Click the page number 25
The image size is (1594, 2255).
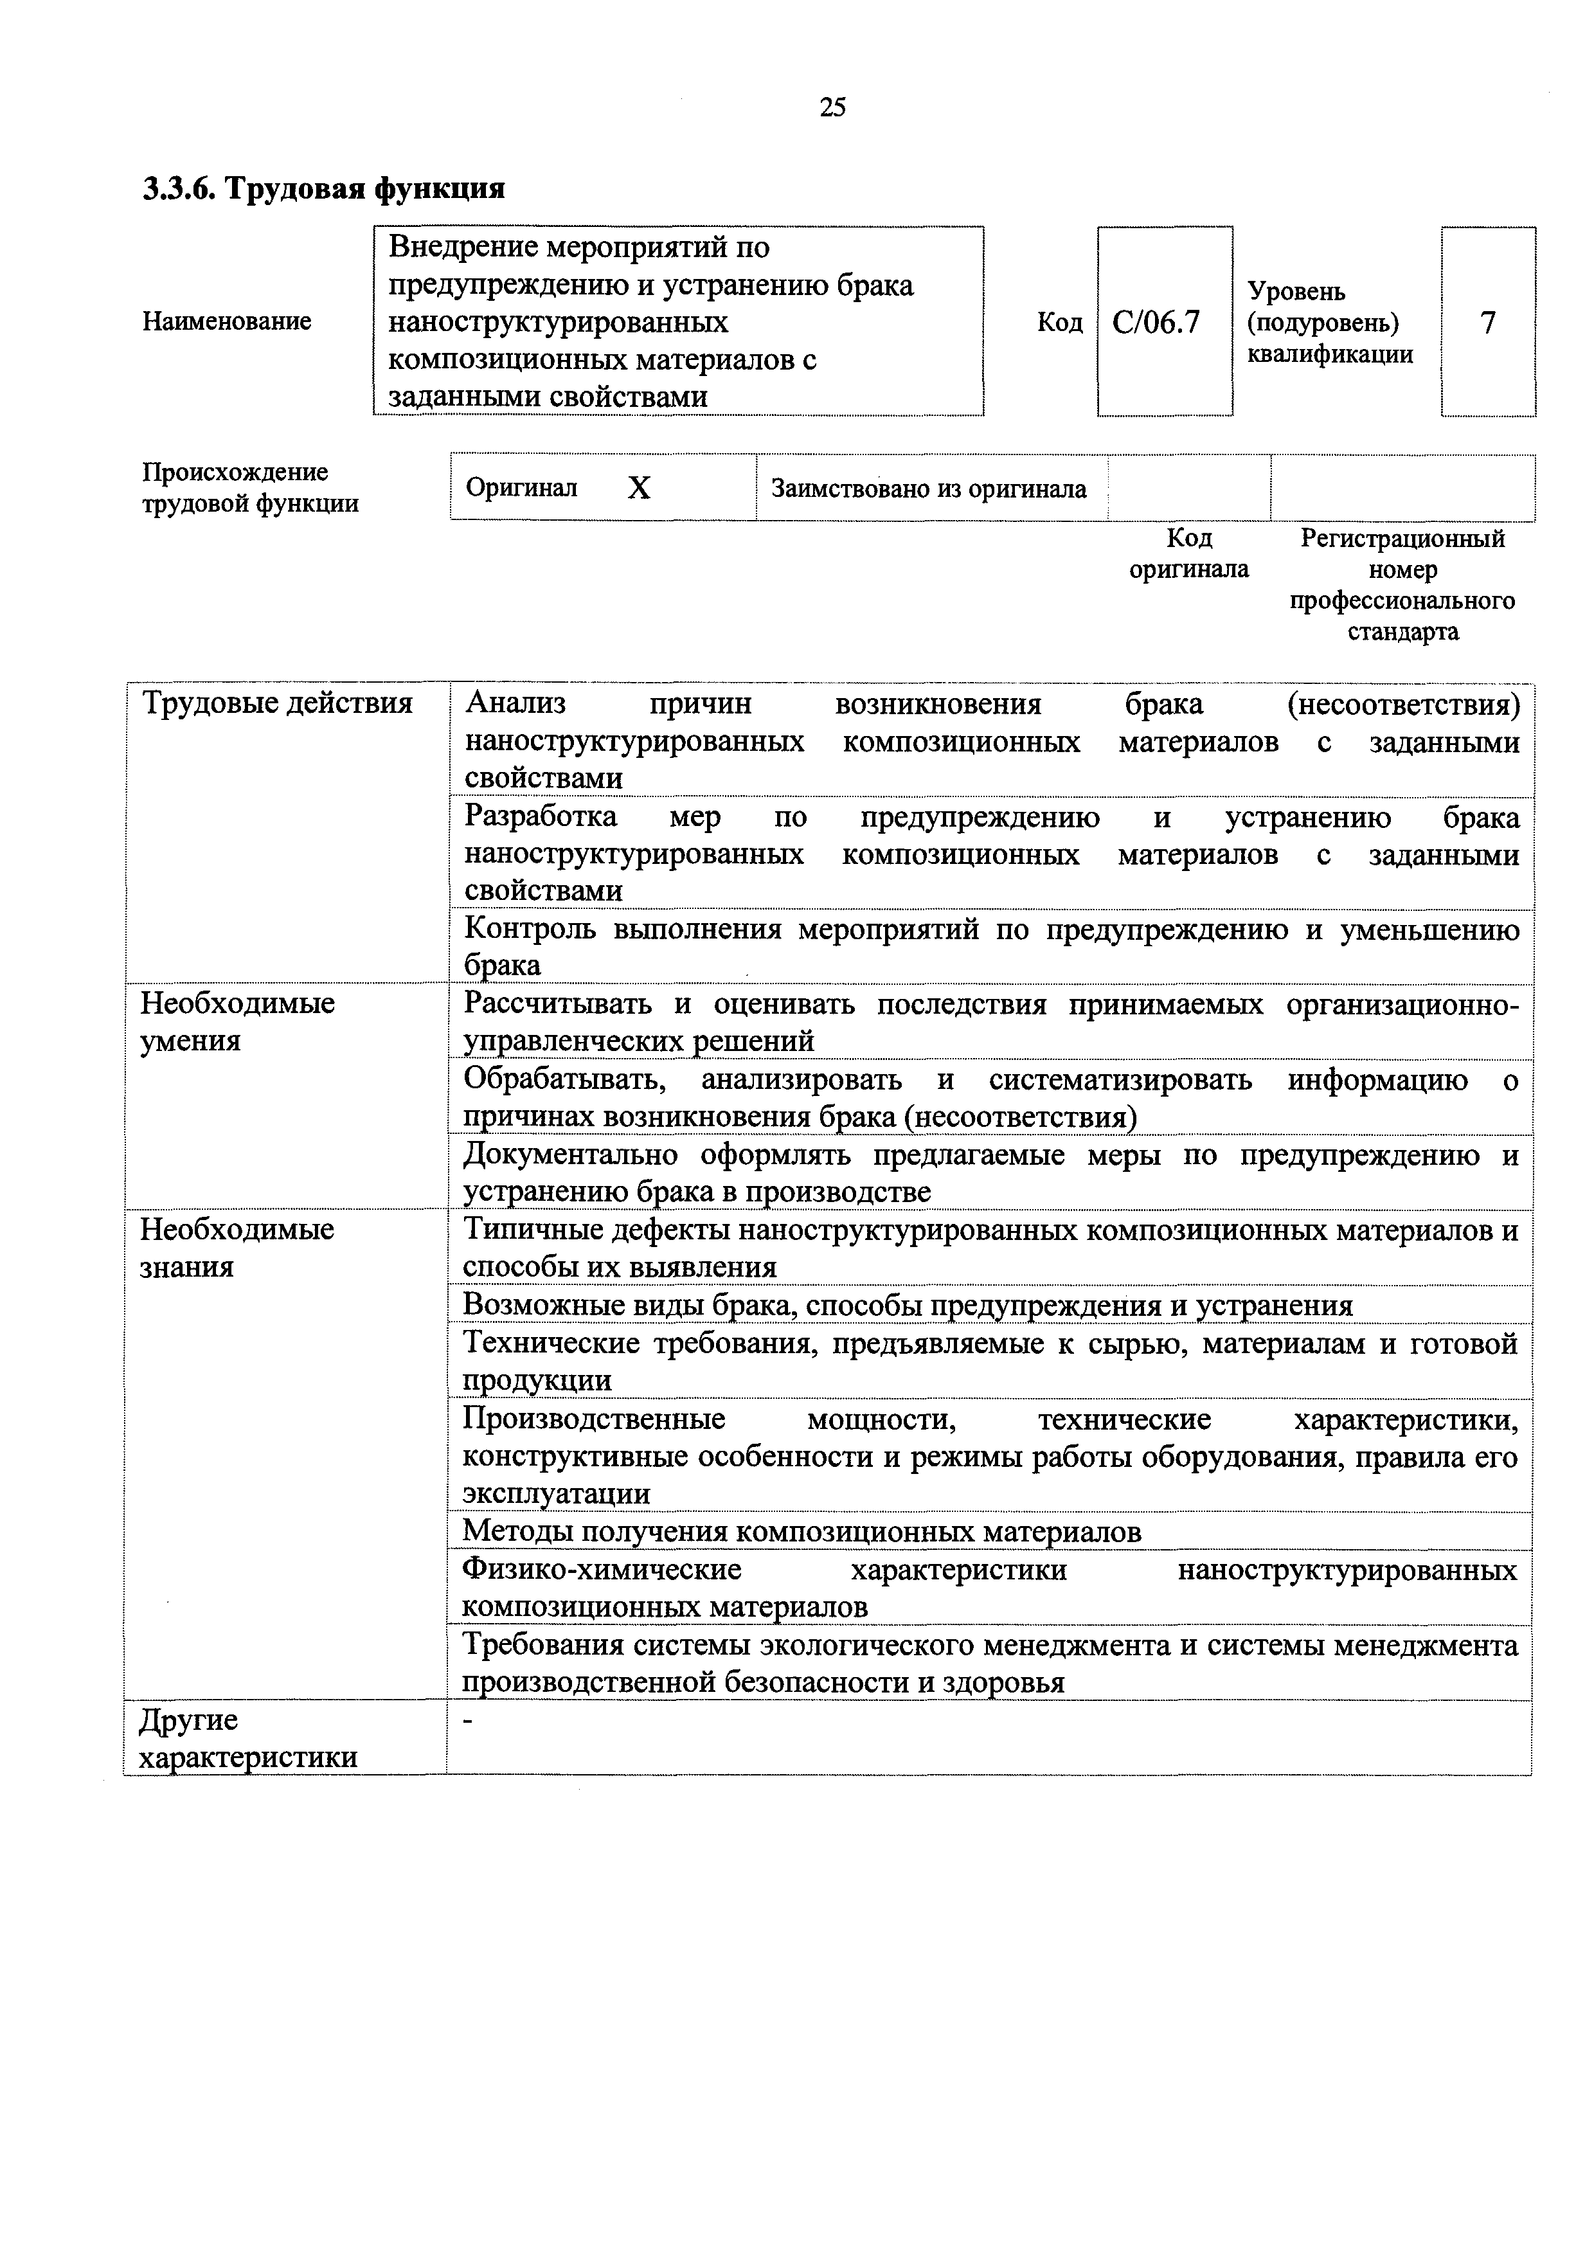[831, 108]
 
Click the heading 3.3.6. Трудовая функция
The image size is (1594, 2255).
[324, 188]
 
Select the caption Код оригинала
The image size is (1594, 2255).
[1188, 554]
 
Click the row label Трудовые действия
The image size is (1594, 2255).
[277, 703]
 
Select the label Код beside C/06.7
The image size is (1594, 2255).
[1060, 322]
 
